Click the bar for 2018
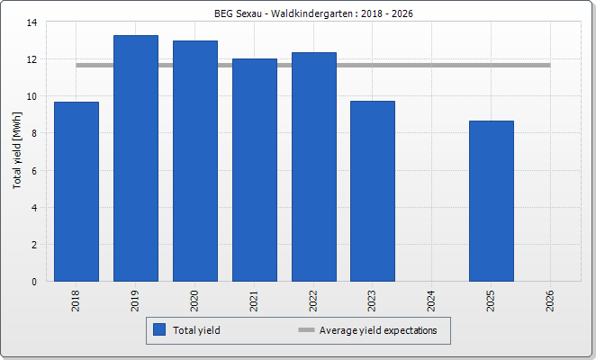point(77,192)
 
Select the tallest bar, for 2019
point(136,158)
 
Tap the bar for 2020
point(195,161)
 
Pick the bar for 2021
point(255,170)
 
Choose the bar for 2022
point(314,166)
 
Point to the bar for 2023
point(373,191)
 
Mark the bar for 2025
point(492,201)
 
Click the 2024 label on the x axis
point(432,300)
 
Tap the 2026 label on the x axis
point(551,300)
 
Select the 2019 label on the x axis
point(136,300)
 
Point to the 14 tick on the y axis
point(32,22)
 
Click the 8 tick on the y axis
point(34,133)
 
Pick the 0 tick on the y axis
point(34,281)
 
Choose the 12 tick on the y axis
point(32,59)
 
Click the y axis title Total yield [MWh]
point(16,152)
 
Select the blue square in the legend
point(160,330)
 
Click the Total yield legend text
point(196,330)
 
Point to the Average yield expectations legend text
point(378,330)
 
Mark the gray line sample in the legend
point(306,330)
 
